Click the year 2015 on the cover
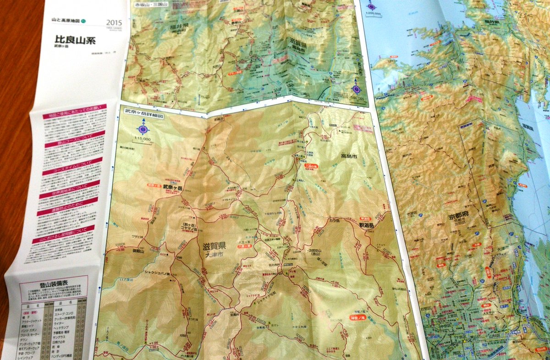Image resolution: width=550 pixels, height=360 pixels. click(x=114, y=22)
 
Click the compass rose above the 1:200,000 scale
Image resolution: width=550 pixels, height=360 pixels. click(x=372, y=6)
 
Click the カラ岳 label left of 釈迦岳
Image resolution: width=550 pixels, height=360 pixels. click(x=335, y=221)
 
